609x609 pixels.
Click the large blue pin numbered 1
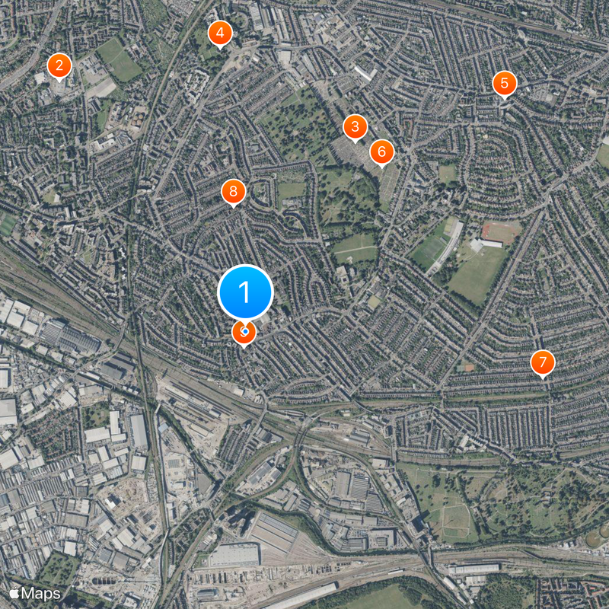click(245, 292)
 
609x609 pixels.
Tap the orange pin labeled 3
click(355, 127)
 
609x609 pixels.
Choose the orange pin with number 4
click(220, 33)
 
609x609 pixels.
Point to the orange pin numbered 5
click(503, 83)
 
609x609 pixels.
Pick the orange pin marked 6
click(381, 151)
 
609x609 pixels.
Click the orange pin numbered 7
click(542, 363)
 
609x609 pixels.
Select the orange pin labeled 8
click(234, 191)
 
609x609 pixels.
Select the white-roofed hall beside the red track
click(487, 244)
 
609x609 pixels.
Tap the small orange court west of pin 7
click(469, 368)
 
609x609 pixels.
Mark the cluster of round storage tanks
click(138, 118)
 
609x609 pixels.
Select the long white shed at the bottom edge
click(301, 596)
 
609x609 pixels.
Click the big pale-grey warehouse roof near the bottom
click(234, 554)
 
